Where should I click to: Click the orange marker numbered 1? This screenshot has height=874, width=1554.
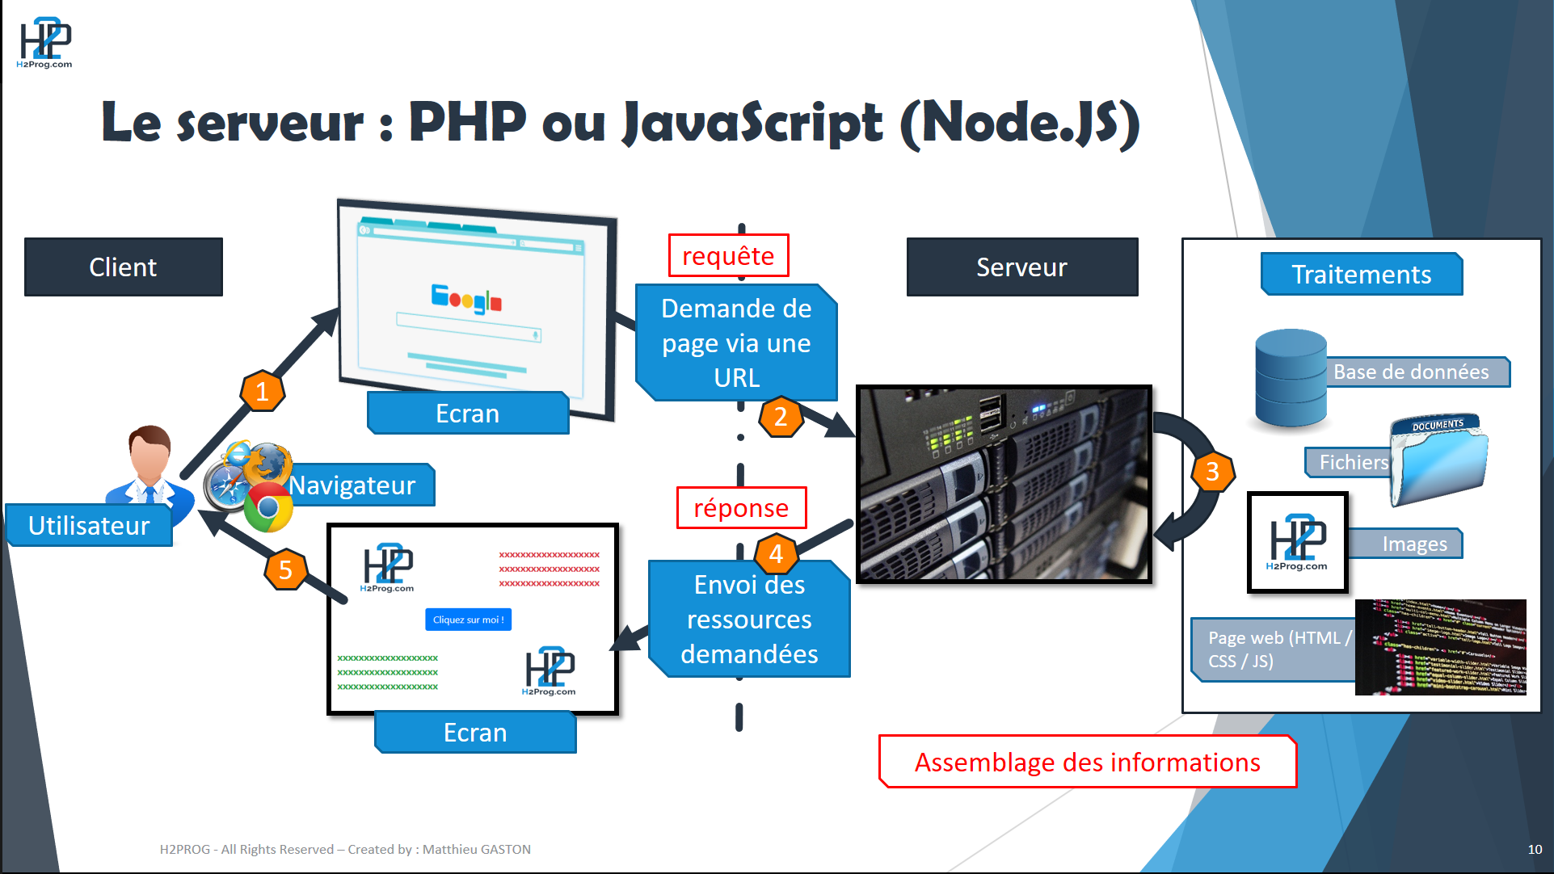click(x=262, y=392)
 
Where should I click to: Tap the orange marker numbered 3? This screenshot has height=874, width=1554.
click(x=1212, y=471)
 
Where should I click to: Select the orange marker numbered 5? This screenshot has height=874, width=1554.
click(x=285, y=569)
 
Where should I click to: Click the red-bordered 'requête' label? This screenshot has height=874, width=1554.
click(x=728, y=256)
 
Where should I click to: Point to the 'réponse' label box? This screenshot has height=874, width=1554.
click(x=741, y=508)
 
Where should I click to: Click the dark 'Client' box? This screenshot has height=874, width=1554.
click(x=123, y=267)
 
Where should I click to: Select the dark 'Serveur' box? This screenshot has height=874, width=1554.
click(x=1021, y=267)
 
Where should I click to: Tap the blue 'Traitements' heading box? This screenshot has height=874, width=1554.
click(x=1361, y=275)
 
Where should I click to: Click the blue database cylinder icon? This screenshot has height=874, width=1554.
click(x=1290, y=378)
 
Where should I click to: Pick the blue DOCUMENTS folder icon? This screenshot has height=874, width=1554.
click(x=1439, y=460)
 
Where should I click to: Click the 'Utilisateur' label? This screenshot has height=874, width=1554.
click(x=89, y=526)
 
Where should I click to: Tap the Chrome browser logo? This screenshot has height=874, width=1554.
click(x=268, y=508)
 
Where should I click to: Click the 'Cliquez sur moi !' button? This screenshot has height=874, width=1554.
click(x=468, y=620)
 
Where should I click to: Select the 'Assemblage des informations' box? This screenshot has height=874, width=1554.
click(x=1087, y=762)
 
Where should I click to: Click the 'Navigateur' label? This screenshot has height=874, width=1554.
click(x=352, y=485)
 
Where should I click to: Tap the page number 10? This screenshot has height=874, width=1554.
click(x=1534, y=849)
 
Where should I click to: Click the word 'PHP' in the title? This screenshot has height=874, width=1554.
click(x=467, y=123)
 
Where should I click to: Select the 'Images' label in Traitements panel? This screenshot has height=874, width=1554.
click(x=1414, y=544)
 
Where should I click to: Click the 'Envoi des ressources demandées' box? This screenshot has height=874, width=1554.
click(x=749, y=620)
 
